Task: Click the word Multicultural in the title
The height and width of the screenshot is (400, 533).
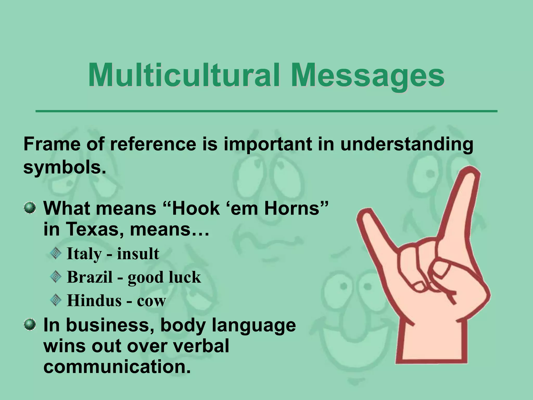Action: click(x=185, y=76)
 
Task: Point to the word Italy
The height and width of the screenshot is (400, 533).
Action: click(x=84, y=254)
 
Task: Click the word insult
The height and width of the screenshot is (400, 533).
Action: click(x=138, y=254)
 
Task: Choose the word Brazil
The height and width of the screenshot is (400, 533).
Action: click(x=90, y=277)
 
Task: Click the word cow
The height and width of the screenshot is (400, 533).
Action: click(x=151, y=301)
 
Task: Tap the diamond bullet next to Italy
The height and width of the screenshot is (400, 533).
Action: click(x=55, y=253)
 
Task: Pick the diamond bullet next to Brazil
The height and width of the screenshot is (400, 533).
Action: click(x=55, y=277)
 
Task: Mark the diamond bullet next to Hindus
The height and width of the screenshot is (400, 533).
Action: click(x=55, y=300)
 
